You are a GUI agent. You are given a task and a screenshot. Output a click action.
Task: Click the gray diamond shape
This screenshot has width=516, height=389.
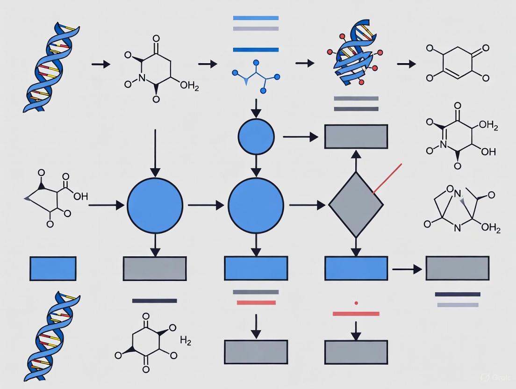pos(356,205)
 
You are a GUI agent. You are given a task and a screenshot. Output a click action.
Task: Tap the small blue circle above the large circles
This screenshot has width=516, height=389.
pos(256,137)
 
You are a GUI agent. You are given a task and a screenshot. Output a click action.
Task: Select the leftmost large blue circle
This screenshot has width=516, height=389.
pos(155,205)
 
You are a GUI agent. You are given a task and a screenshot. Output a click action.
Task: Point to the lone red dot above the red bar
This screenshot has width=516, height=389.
pos(356,303)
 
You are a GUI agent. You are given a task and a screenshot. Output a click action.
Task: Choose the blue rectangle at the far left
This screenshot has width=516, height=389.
pos(53,268)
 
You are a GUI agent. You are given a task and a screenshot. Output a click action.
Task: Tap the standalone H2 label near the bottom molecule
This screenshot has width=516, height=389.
pos(186,340)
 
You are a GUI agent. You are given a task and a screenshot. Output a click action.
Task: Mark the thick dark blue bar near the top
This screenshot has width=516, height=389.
pos(256,50)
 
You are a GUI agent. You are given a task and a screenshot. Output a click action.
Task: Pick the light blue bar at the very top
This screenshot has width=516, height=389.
pos(256,18)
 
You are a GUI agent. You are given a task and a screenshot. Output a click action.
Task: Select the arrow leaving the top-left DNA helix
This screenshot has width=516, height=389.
pos(100,64)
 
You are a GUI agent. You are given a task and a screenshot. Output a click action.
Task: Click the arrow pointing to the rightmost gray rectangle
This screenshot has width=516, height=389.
pos(407,269)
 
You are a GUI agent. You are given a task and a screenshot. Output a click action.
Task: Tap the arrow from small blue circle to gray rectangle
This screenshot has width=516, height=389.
pos(300,137)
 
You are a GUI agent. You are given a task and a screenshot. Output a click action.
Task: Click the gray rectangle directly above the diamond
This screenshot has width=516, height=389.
pos(356,137)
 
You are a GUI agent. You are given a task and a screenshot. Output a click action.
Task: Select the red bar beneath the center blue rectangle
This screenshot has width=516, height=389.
pos(256,303)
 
